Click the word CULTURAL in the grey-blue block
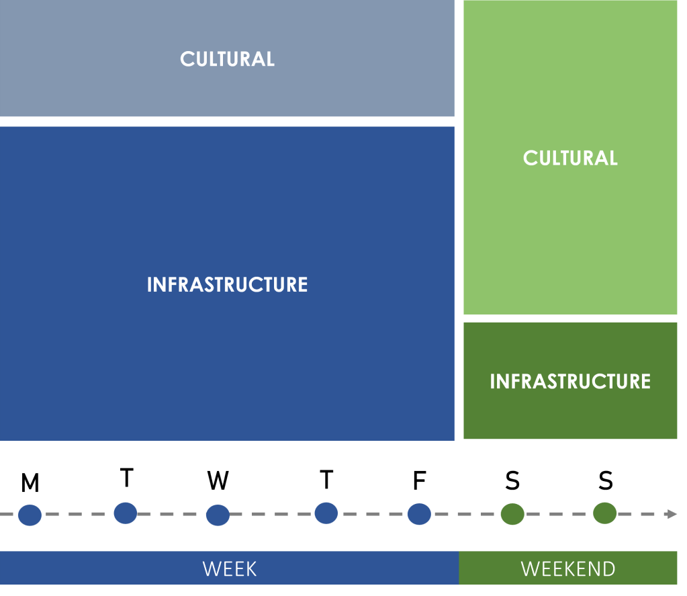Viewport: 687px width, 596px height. pyautogui.click(x=227, y=59)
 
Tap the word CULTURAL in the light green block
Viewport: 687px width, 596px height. pyautogui.click(x=570, y=159)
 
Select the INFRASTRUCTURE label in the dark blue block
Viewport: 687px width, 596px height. pyautogui.click(x=227, y=285)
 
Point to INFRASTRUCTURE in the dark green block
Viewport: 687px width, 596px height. pyautogui.click(x=570, y=382)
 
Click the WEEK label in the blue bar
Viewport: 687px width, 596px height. pyautogui.click(x=229, y=569)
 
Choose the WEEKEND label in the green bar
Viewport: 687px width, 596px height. pyautogui.click(x=567, y=569)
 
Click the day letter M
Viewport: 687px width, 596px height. pyautogui.click(x=30, y=483)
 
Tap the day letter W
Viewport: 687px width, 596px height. pyautogui.click(x=218, y=480)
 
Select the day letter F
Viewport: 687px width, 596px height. pyautogui.click(x=419, y=480)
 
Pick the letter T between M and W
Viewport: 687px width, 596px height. pyautogui.click(x=126, y=478)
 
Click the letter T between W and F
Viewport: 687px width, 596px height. pyautogui.click(x=326, y=480)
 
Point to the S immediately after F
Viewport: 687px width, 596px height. pyautogui.click(x=512, y=480)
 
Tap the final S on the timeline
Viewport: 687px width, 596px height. pyautogui.click(x=606, y=480)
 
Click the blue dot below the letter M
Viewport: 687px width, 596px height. pyautogui.click(x=30, y=515)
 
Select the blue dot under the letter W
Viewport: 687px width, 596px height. pyautogui.click(x=218, y=515)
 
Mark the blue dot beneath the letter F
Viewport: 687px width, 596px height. pyautogui.click(x=419, y=514)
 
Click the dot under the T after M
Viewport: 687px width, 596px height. pyautogui.click(x=126, y=513)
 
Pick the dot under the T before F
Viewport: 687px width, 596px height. pyautogui.click(x=326, y=513)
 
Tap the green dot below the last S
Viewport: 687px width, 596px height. pyautogui.click(x=605, y=513)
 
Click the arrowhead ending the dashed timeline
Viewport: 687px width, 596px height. pyautogui.click(x=671, y=514)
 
